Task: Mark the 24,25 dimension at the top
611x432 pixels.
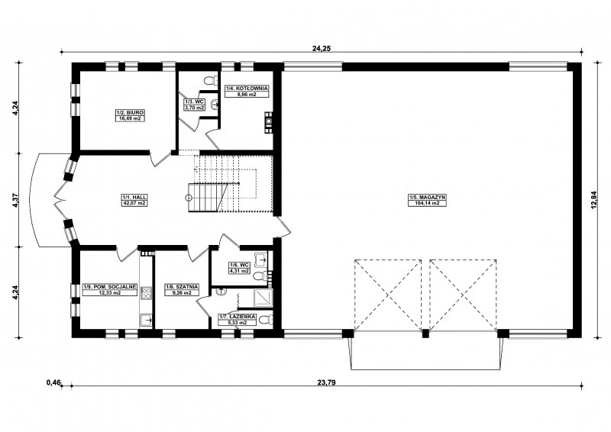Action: point(322,48)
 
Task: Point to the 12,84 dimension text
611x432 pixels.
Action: point(594,200)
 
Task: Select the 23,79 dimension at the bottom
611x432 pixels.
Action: point(327,382)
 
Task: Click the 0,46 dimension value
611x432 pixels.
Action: point(53,382)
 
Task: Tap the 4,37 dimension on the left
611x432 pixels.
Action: point(15,200)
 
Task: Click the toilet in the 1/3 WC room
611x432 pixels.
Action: point(211,80)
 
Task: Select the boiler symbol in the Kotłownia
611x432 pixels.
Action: point(269,123)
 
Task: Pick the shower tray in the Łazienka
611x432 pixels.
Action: point(263,297)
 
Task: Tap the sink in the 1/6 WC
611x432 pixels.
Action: point(261,258)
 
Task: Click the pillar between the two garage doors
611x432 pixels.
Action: point(425,334)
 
